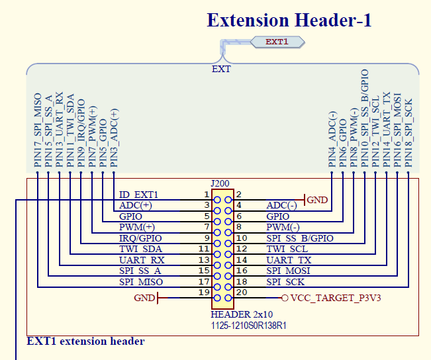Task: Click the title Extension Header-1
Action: pyautogui.click(x=289, y=20)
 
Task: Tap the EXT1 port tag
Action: pyautogui.click(x=277, y=42)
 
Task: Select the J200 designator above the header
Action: pyautogui.click(x=221, y=183)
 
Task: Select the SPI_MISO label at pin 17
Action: pyautogui.click(x=140, y=282)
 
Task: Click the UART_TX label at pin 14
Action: pyautogui.click(x=289, y=261)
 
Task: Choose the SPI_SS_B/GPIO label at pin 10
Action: pyautogui.click(x=299, y=238)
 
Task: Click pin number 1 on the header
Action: pyautogui.click(x=207, y=195)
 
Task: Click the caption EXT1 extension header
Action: pyautogui.click(x=85, y=341)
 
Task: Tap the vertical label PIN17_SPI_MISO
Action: pyautogui.click(x=38, y=129)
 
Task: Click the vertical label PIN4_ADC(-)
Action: pyautogui.click(x=332, y=139)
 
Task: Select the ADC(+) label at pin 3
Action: pyautogui.click(x=135, y=205)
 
